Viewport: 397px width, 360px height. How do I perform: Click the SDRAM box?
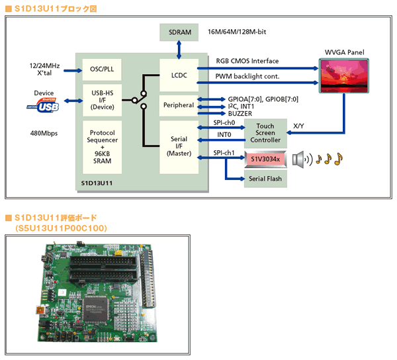[179, 32]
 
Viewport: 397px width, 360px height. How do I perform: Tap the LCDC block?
[179, 75]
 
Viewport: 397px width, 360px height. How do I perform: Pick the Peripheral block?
[179, 105]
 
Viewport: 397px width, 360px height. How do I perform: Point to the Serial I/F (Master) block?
[179, 146]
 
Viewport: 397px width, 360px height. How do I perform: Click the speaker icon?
[301, 159]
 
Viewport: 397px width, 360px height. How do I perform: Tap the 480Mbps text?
[44, 133]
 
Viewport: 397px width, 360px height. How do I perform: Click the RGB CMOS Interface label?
[247, 61]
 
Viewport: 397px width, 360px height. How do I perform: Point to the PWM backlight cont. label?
[247, 77]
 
